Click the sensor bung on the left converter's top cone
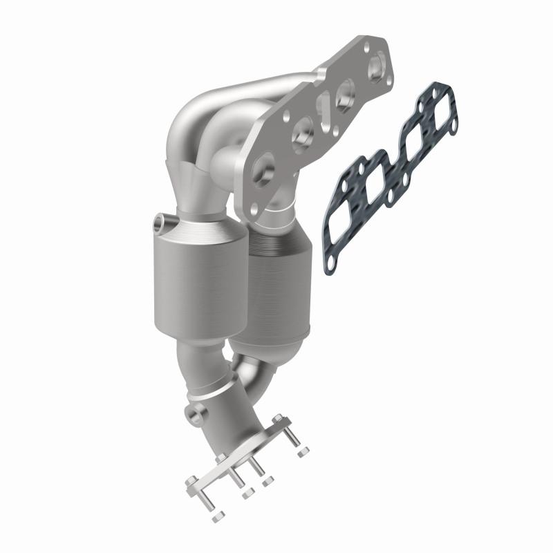(161, 221)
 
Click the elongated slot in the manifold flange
(323, 107)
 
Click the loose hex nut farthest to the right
(302, 453)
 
